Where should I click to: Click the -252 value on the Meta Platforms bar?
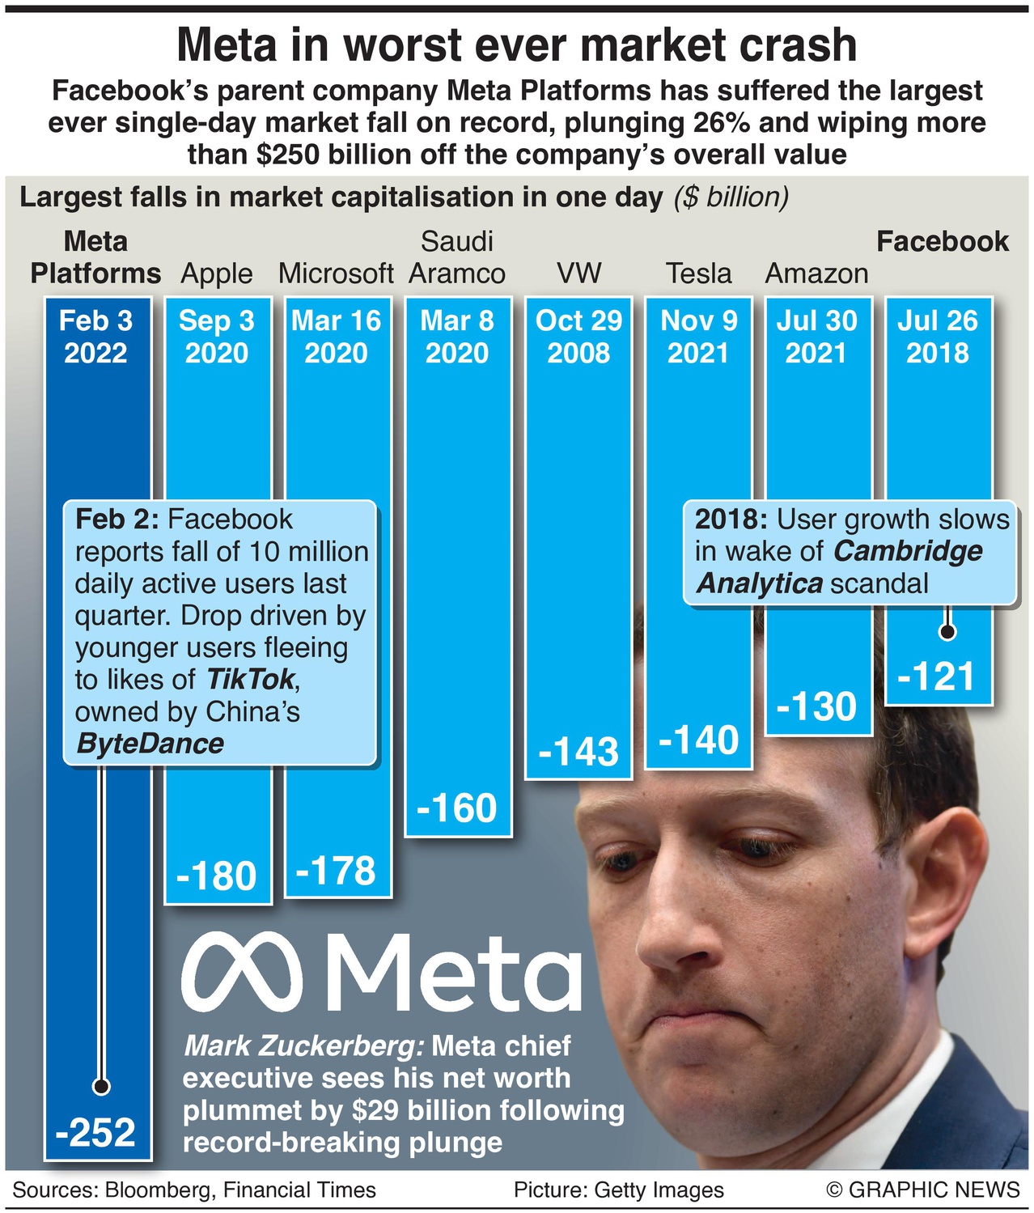tap(95, 1131)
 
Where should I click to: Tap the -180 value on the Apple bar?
tap(216, 876)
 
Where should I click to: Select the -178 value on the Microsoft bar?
tap(336, 871)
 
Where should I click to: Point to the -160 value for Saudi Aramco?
tap(456, 808)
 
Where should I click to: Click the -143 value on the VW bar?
tap(578, 752)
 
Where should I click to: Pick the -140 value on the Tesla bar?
tap(698, 740)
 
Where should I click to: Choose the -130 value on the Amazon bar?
tap(816, 706)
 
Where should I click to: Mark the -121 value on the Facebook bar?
tap(938, 676)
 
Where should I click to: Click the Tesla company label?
tap(698, 274)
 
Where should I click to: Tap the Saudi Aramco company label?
tap(457, 257)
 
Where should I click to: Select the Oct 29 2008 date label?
tap(578, 337)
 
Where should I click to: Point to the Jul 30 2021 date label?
tap(816, 337)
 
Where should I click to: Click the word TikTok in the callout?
tap(251, 679)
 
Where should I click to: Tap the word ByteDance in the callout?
tap(150, 743)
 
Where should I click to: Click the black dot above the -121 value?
tap(947, 631)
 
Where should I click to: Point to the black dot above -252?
tap(101, 1086)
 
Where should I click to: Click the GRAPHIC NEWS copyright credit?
tap(923, 1190)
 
